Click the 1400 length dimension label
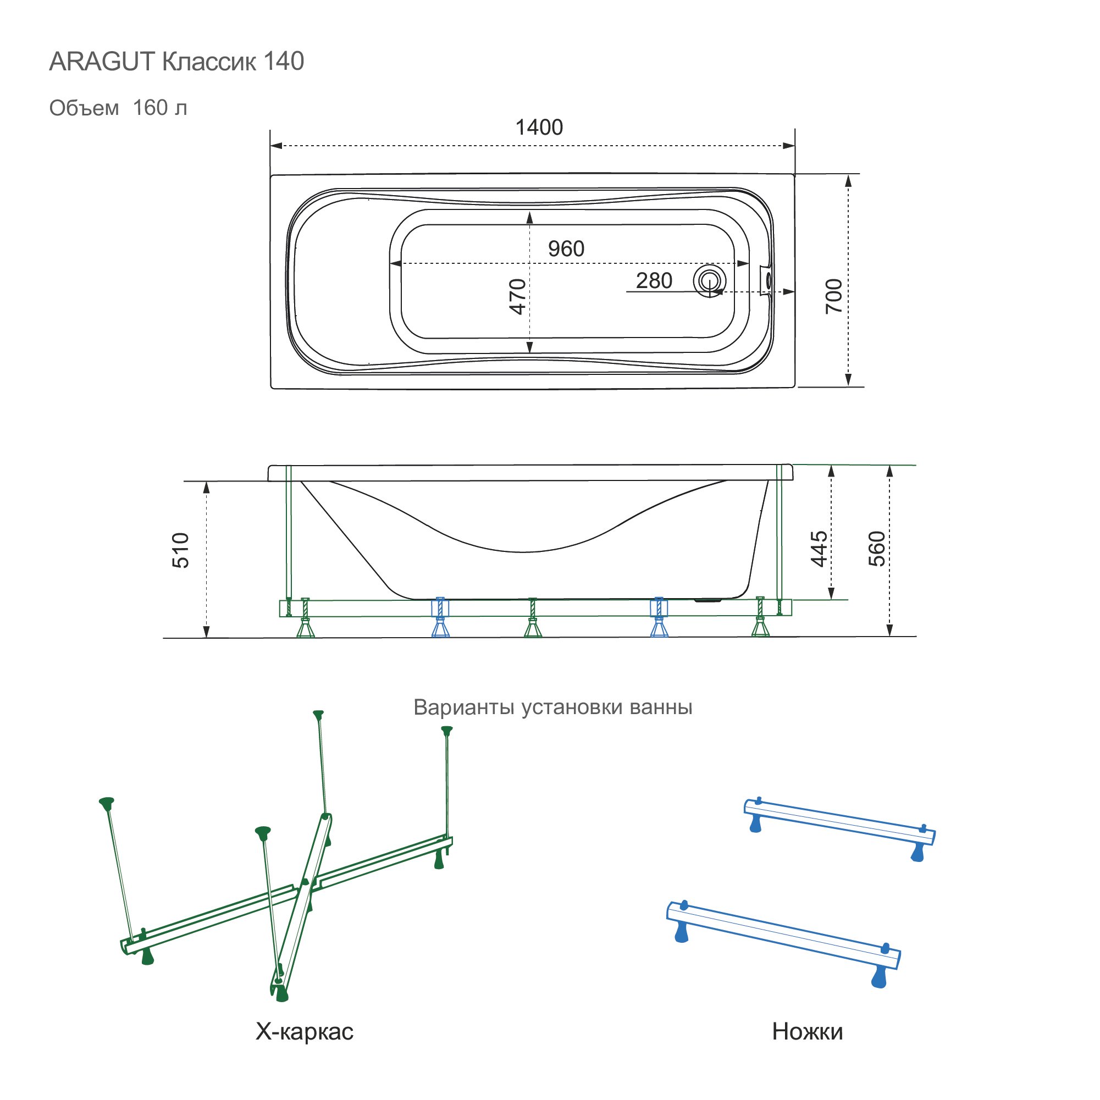click(x=539, y=128)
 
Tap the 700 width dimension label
click(x=833, y=296)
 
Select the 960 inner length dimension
click(x=566, y=249)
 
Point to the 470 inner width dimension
click(x=517, y=296)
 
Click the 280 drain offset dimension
click(x=654, y=281)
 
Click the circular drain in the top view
click(x=709, y=281)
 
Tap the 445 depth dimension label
click(x=819, y=549)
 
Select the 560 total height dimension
click(x=877, y=549)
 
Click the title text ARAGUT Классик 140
click(x=176, y=62)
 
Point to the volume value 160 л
click(x=159, y=108)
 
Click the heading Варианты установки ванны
click(x=552, y=707)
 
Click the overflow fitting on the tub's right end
click(x=766, y=280)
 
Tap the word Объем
click(x=84, y=108)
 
